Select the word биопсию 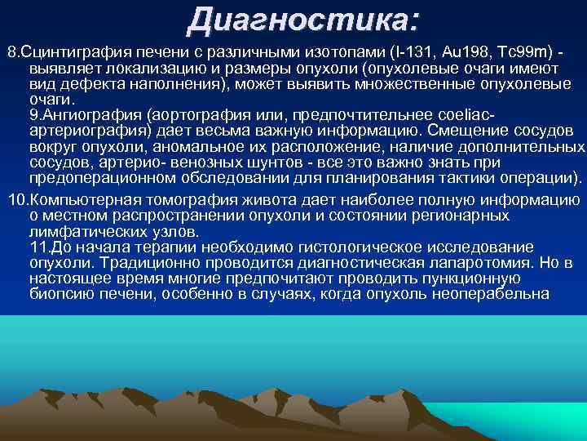[57, 294]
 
